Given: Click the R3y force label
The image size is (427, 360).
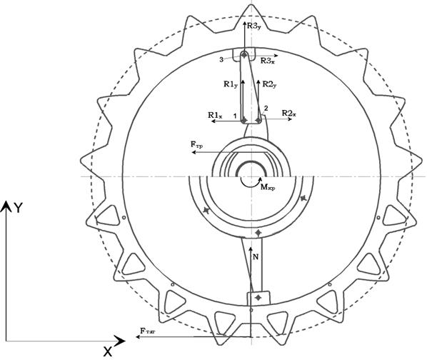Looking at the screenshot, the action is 254,26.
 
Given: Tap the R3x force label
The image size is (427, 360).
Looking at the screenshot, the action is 268,61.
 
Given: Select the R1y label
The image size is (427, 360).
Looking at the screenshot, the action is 231,84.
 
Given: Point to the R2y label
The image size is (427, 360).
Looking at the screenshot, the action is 270,84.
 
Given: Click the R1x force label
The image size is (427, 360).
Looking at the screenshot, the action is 215,115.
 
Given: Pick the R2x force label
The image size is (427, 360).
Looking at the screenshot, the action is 289,114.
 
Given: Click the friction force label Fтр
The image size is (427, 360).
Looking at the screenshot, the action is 196,144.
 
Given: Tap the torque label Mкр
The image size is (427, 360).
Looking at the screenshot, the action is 268,187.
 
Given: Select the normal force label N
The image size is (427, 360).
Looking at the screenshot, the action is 256,256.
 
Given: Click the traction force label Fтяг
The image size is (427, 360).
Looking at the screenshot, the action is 148,331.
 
